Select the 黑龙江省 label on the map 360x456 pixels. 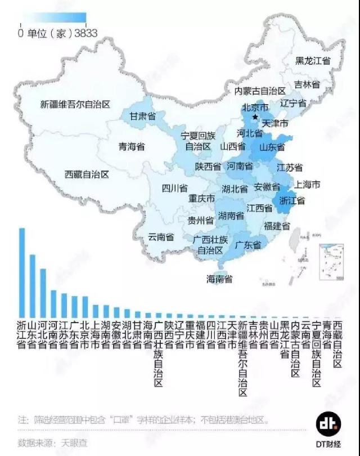pyautogui.click(x=313, y=61)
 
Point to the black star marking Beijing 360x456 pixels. pyautogui.click(x=255, y=117)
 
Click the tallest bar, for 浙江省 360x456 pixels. pyautogui.click(x=22, y=271)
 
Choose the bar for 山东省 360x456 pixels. pyautogui.click(x=32, y=285)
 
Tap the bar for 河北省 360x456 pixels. pyautogui.click(x=43, y=292)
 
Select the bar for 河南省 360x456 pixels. pyautogui.click(x=53, y=303)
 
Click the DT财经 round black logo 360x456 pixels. pyautogui.click(x=327, y=424)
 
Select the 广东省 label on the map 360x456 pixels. pyautogui.click(x=250, y=245)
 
